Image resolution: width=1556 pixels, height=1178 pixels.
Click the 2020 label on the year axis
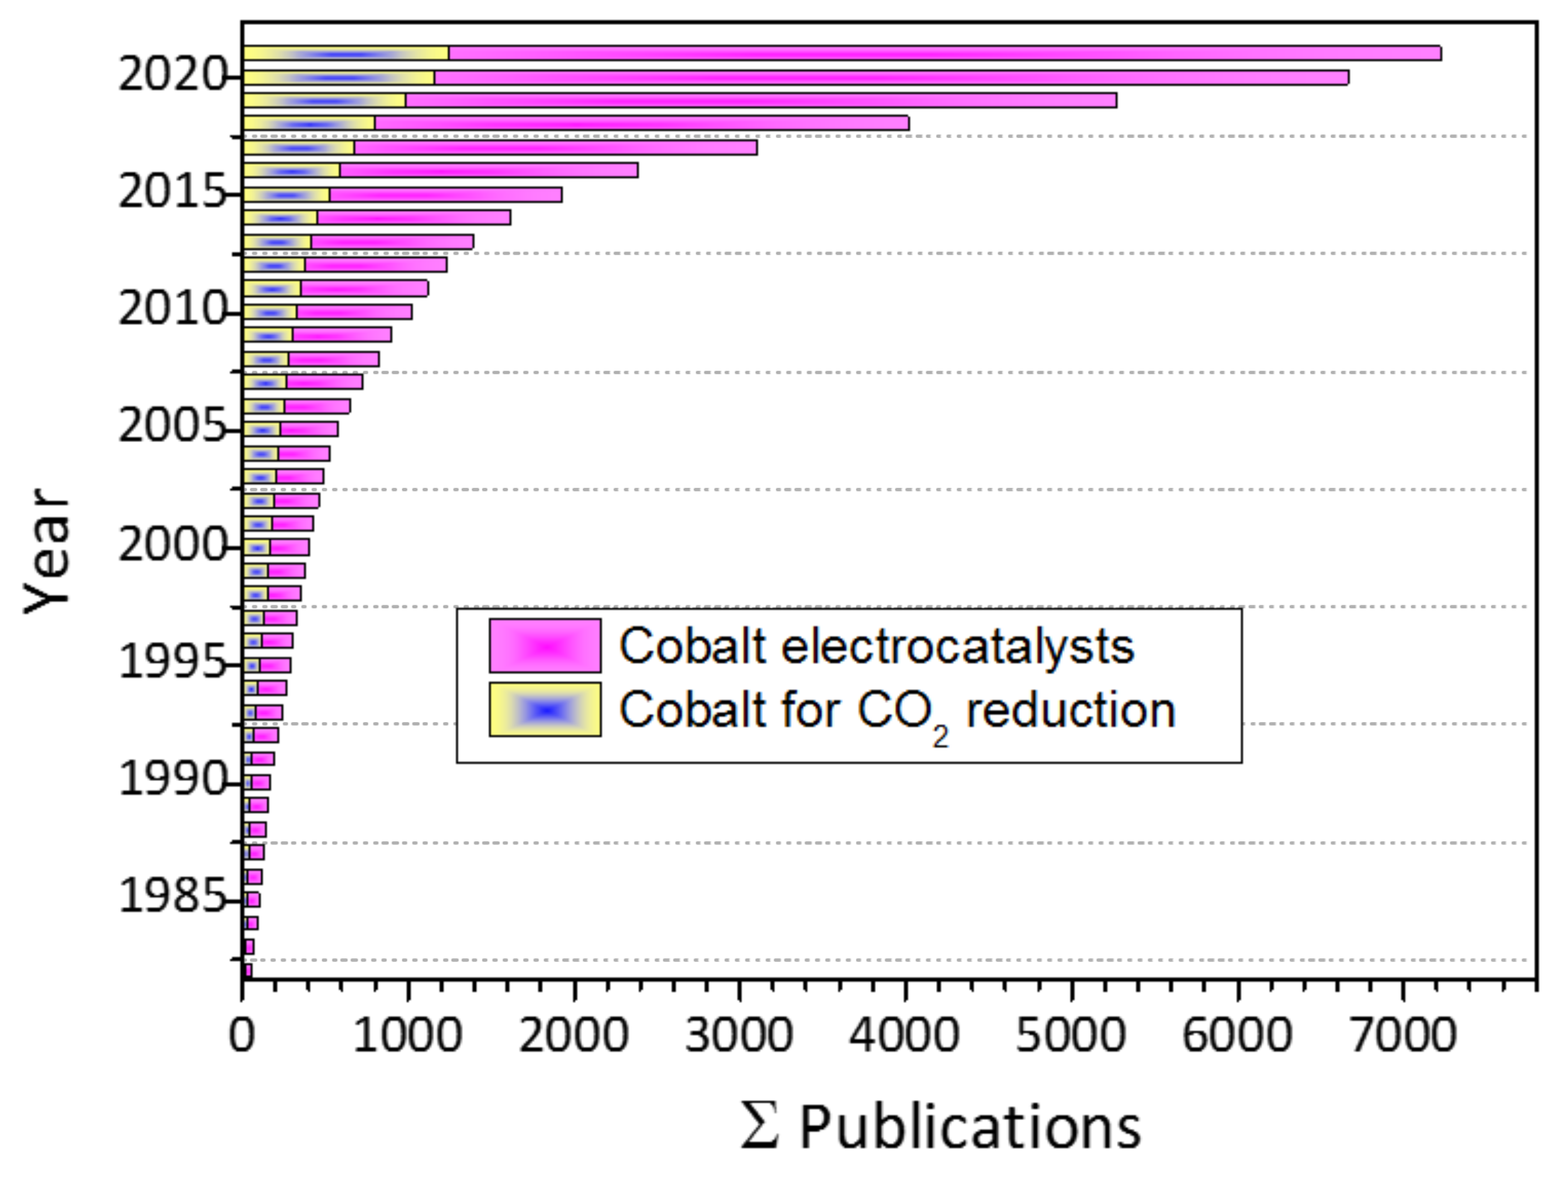[171, 75]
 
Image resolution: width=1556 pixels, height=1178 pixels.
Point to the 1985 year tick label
[171, 897]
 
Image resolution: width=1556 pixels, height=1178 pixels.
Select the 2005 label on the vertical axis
[171, 427]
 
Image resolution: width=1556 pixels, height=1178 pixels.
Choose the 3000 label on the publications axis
[738, 1037]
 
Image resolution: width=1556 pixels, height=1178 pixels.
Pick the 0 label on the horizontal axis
[242, 1037]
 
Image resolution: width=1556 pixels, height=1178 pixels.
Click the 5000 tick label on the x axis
[1071, 1037]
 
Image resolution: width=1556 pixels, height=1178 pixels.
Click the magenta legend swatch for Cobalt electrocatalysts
[545, 645]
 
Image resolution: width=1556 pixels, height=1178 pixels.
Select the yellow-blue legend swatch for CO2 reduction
[545, 709]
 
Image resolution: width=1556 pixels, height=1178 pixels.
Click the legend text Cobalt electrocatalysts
[877, 645]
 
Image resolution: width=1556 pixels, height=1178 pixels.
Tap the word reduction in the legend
[1071, 711]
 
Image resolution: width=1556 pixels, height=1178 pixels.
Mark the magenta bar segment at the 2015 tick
[445, 195]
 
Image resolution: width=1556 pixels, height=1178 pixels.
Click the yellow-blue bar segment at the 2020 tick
[338, 77]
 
